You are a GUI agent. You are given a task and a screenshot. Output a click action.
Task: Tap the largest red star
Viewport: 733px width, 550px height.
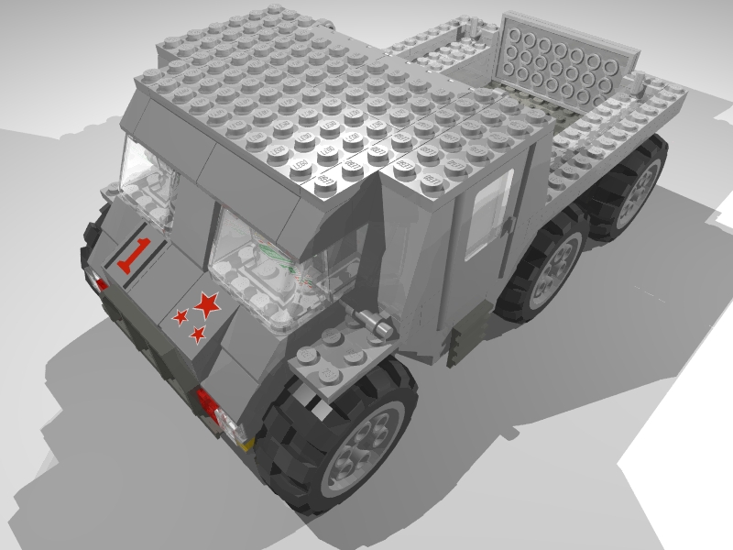208,303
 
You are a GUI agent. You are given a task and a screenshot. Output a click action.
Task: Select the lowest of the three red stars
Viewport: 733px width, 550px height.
198,335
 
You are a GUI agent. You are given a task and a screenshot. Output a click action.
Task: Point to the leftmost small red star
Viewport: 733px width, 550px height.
181,316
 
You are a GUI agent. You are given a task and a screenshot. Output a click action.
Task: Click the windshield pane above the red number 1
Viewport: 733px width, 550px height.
147,183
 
